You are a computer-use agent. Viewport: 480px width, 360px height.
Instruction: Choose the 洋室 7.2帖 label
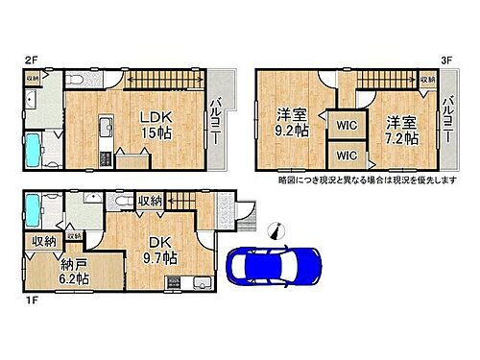pos(402,130)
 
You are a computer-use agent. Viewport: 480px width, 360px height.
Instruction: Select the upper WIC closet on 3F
pos(344,123)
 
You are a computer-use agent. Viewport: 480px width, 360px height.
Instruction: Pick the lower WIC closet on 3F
pos(344,155)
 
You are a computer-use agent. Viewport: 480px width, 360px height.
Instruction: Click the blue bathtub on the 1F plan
pos(33,209)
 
